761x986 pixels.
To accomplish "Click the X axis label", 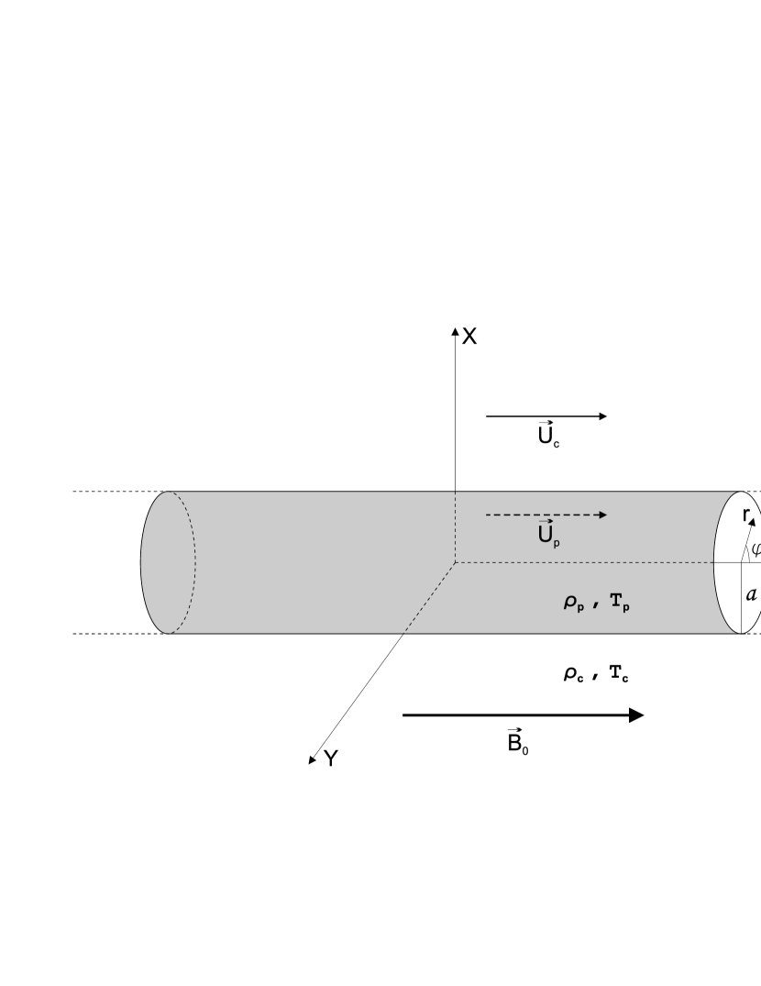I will (469, 337).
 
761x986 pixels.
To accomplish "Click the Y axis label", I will (331, 758).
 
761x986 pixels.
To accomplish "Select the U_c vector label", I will (548, 435).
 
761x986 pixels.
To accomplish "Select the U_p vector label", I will (548, 535).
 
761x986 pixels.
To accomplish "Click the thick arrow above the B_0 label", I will (523, 715).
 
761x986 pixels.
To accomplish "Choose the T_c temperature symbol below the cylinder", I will (616, 673).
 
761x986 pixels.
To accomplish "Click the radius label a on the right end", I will (752, 593).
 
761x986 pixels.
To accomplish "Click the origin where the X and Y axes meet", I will (456, 562).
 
